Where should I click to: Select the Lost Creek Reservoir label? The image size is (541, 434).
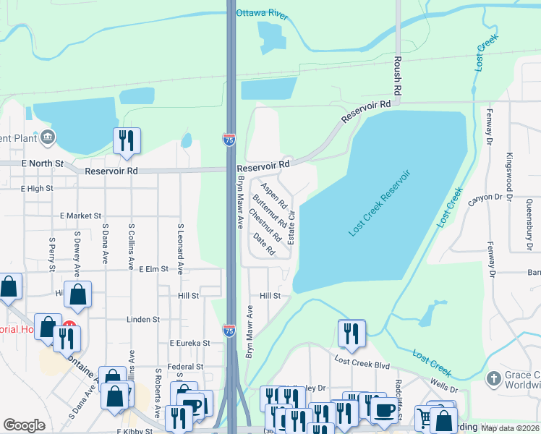[x=380, y=203]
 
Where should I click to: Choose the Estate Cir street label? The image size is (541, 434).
[x=291, y=226]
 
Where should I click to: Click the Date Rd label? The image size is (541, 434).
[x=264, y=244]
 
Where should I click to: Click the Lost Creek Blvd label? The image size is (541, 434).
[x=362, y=359]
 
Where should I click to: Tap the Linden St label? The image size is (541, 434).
[x=142, y=319]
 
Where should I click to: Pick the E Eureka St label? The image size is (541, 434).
[x=189, y=343]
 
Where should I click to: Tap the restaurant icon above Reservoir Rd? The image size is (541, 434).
[x=127, y=140]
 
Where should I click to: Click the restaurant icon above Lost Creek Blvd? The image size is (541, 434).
[x=351, y=332]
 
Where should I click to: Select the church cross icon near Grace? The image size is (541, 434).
[x=494, y=378]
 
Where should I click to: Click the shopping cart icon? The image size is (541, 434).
[x=425, y=417]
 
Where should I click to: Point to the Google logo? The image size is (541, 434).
[x=24, y=425]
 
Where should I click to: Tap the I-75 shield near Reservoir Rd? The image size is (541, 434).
[x=229, y=140]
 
